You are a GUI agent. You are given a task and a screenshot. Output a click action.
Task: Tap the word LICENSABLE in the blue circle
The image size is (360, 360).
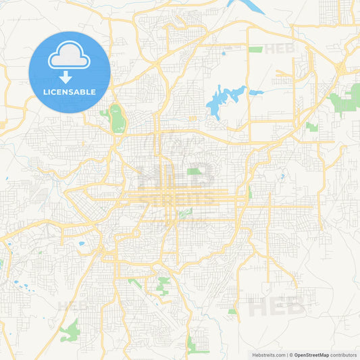[x=70, y=91]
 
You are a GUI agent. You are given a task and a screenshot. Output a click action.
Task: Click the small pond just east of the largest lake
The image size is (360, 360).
[x=255, y=93]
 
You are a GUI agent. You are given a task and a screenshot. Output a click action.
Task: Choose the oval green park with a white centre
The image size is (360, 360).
[x=118, y=119]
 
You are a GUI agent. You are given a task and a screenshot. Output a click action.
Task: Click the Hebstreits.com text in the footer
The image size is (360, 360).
[x=267, y=354]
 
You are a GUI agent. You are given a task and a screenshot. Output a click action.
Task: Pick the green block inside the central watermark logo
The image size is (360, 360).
[x=194, y=172]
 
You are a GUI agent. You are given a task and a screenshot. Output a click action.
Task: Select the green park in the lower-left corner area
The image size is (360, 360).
[x=70, y=331]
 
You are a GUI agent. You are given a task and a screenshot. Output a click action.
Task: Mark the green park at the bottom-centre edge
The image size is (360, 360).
[x=197, y=344]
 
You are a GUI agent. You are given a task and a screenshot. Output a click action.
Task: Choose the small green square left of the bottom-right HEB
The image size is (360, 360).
[x=232, y=311]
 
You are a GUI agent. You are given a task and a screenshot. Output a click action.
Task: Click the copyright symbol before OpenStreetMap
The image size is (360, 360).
[x=291, y=354]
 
